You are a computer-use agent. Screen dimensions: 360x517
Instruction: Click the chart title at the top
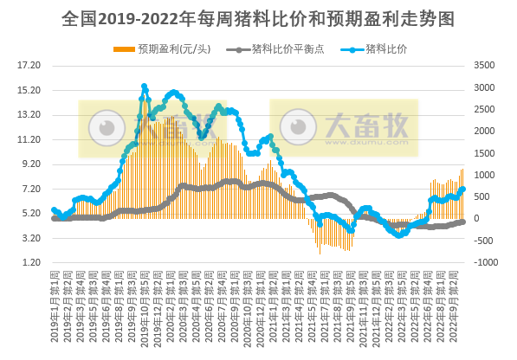point(258,18)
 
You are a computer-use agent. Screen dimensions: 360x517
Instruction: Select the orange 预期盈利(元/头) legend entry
point(168,48)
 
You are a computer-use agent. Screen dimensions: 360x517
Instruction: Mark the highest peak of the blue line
point(145,87)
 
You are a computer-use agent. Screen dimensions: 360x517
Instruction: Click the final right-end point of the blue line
point(463,189)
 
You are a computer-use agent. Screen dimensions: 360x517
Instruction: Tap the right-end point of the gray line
point(463,222)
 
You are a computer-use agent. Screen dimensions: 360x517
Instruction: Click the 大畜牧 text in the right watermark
point(365,126)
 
